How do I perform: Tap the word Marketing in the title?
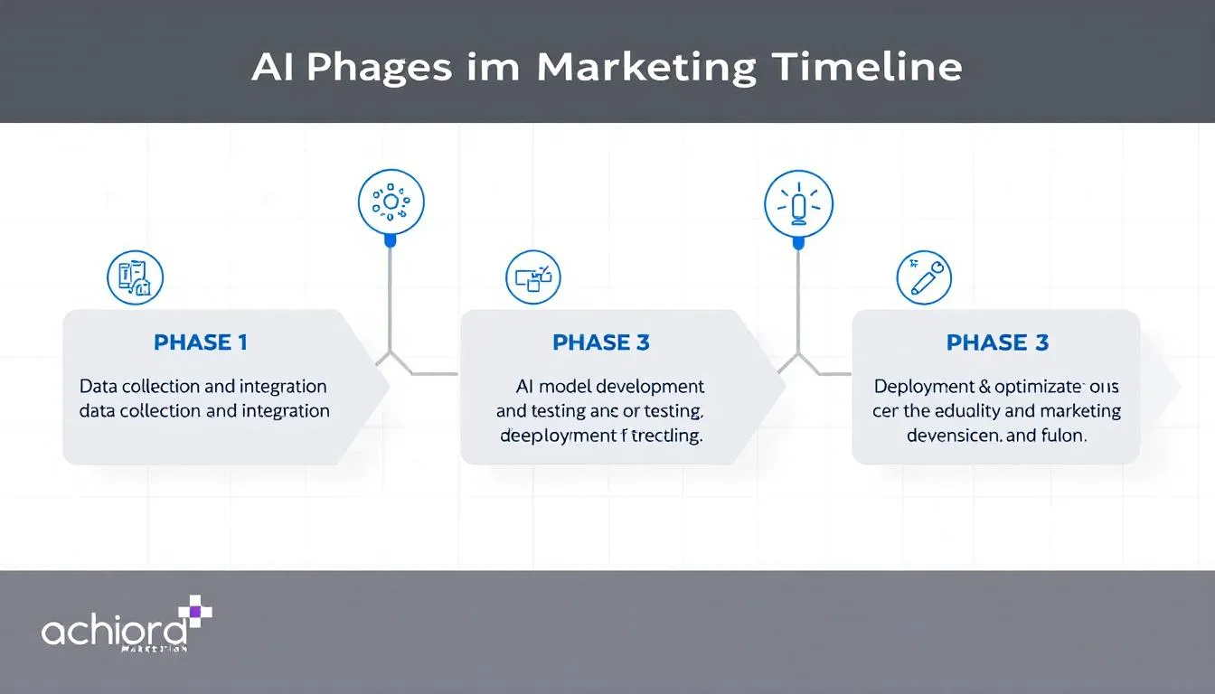(x=645, y=69)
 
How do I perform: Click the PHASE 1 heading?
(x=201, y=342)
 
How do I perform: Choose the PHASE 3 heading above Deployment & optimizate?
(x=997, y=342)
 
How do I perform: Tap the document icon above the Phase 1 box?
(x=135, y=277)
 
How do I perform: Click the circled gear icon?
(x=391, y=202)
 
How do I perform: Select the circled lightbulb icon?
(x=797, y=202)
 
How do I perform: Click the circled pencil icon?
(x=924, y=277)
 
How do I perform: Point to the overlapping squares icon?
(x=532, y=277)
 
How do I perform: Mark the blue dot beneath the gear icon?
(x=391, y=241)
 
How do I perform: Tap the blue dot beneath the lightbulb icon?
(x=797, y=241)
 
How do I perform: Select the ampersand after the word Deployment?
(x=984, y=387)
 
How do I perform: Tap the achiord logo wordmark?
(x=114, y=629)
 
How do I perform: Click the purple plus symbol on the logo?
(x=195, y=611)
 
